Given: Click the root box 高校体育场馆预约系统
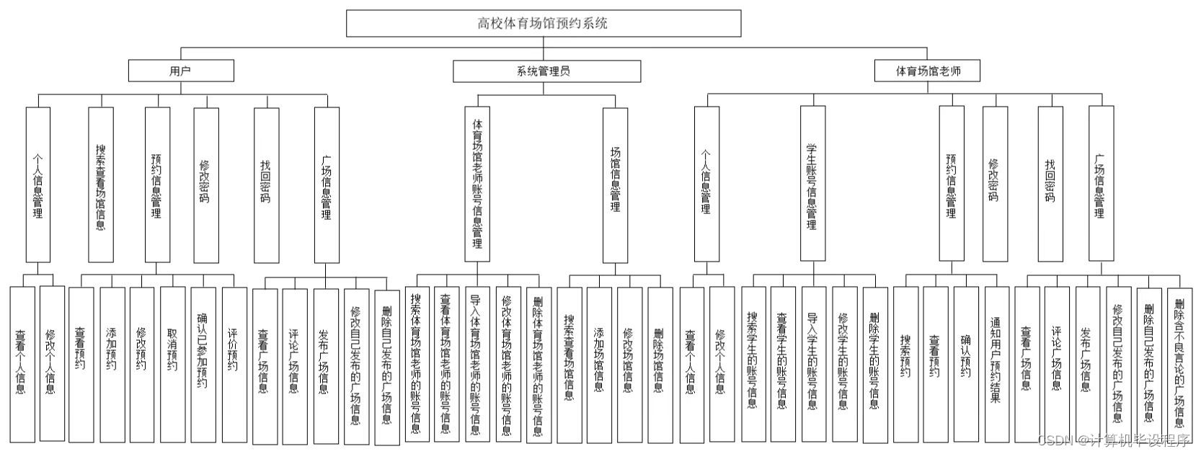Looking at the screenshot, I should pos(544,23).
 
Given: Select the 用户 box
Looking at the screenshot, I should pos(181,71).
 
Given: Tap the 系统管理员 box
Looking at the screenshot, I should pos(546,71).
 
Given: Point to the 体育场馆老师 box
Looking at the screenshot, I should pos(928,71).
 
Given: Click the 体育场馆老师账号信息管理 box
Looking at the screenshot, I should pos(477,184).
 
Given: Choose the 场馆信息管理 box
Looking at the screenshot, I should pos(615,184).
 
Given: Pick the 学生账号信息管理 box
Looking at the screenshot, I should pos(812,184).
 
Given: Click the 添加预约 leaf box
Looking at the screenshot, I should pos(112,364).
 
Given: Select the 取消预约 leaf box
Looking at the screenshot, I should pos(173,364).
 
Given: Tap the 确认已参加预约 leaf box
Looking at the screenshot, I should pos(203,364).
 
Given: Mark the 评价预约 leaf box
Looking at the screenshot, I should pos(234,364).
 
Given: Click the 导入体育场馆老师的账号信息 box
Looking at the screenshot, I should pos(476,364).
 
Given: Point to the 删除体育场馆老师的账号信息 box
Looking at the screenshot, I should pos(538,364).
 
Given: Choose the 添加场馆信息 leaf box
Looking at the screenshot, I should pos(599,364).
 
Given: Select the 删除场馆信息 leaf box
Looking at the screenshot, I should pos(660,364).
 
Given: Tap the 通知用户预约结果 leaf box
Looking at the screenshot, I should pos(997,364).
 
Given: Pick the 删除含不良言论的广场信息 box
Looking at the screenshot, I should pos(1179,364).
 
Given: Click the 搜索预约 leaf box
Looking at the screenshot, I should pos(905,364).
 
